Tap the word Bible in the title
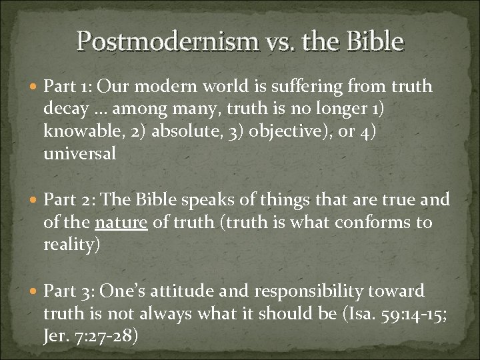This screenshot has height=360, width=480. (x=375, y=41)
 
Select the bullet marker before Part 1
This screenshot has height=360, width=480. (x=33, y=87)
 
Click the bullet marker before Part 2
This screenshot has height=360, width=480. (x=33, y=199)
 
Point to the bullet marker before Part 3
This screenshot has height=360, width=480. (x=33, y=291)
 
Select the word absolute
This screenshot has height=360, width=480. (x=179, y=130)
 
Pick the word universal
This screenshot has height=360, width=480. (x=79, y=153)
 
